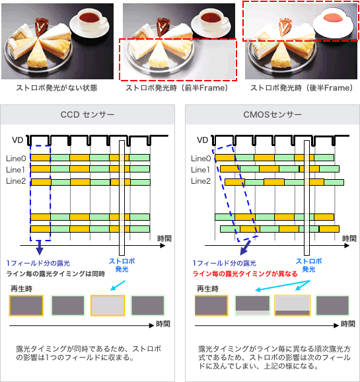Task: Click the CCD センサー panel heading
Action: pyautogui.click(x=87, y=114)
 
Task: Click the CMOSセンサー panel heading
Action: pyautogui.click(x=272, y=114)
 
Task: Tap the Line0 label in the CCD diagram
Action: pyautogui.click(x=16, y=159)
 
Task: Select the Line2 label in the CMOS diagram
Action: pyautogui.click(x=201, y=181)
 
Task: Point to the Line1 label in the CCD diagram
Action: pyautogui.click(x=16, y=170)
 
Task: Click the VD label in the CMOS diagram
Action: pyautogui.click(x=202, y=140)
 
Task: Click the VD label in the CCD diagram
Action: pyautogui.click(x=18, y=140)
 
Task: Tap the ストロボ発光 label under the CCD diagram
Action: pyautogui.click(x=122, y=265)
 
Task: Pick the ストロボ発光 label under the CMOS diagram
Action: pyautogui.click(x=308, y=265)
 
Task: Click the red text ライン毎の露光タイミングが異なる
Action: pyautogui.click(x=245, y=274)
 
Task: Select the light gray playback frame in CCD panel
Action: pyautogui.click(x=108, y=305)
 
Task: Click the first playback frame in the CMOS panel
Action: pyautogui.click(x=211, y=305)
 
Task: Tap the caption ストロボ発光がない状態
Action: pyautogui.click(x=57, y=88)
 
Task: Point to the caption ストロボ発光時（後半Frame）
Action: pyautogui.click(x=302, y=88)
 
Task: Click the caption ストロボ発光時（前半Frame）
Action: pyautogui.click(x=177, y=88)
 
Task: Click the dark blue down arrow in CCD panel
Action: pyautogui.click(x=40, y=248)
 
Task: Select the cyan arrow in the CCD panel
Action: pyautogui.click(x=118, y=286)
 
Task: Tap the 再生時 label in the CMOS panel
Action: pyautogui.click(x=207, y=289)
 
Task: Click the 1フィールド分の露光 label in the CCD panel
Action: pyautogui.click(x=38, y=263)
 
